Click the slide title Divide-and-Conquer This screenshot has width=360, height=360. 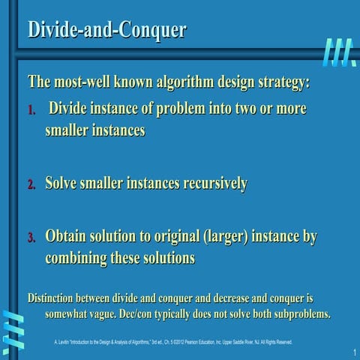(106, 29)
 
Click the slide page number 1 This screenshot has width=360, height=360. (352, 352)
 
